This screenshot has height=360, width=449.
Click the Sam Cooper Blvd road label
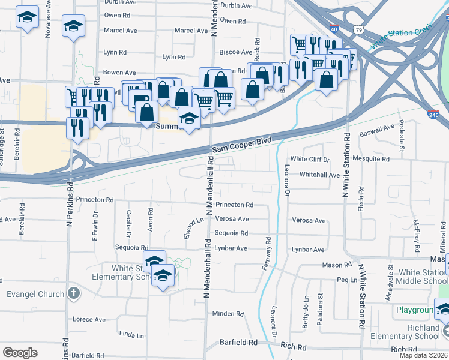241,145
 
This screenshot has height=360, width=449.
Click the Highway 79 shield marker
358,28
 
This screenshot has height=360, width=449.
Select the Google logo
20,353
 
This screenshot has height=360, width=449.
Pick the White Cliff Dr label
310,160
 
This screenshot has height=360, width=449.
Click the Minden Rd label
228,314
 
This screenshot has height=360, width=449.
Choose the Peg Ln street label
347,280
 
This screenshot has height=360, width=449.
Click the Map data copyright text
424,355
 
